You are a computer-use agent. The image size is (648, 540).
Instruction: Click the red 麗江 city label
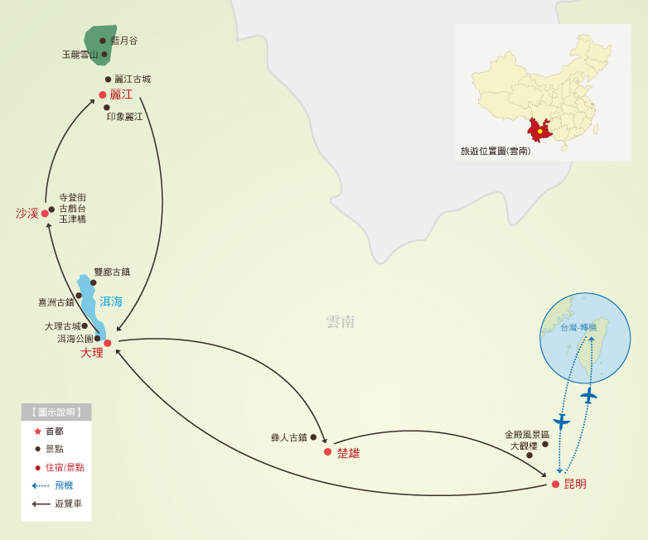pos(121,94)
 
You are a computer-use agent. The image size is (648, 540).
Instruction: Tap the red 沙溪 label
pos(27,214)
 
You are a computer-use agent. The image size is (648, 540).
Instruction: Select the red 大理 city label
pos(92,353)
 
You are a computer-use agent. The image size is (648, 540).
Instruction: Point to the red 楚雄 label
pos(348,453)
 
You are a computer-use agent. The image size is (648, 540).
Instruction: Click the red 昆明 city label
pos(575,484)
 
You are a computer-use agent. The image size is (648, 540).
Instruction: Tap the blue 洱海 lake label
pos(111,301)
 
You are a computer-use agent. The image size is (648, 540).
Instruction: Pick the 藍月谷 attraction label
pos(124,41)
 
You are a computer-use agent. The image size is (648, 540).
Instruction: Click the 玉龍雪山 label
pos(80,55)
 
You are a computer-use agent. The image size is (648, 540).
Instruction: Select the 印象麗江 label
pos(125,117)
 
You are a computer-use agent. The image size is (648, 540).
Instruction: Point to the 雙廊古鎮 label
pos(112,272)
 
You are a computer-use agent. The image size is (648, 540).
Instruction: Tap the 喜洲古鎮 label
pos(56,302)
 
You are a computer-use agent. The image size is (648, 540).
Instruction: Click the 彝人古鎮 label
pos(288,437)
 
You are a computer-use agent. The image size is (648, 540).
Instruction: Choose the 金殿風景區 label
pos(527,434)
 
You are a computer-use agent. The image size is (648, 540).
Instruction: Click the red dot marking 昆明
pos(555,484)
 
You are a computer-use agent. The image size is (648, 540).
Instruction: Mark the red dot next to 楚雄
pos(328,452)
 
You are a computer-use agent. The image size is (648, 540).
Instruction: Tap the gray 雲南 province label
pos(341,321)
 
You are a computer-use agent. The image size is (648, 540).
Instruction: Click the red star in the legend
pos(37,431)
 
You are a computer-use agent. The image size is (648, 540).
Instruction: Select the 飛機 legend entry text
pos(64,485)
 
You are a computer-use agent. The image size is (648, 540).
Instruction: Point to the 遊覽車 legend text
pos(68,504)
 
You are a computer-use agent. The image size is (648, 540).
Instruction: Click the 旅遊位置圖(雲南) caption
pos(496,152)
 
